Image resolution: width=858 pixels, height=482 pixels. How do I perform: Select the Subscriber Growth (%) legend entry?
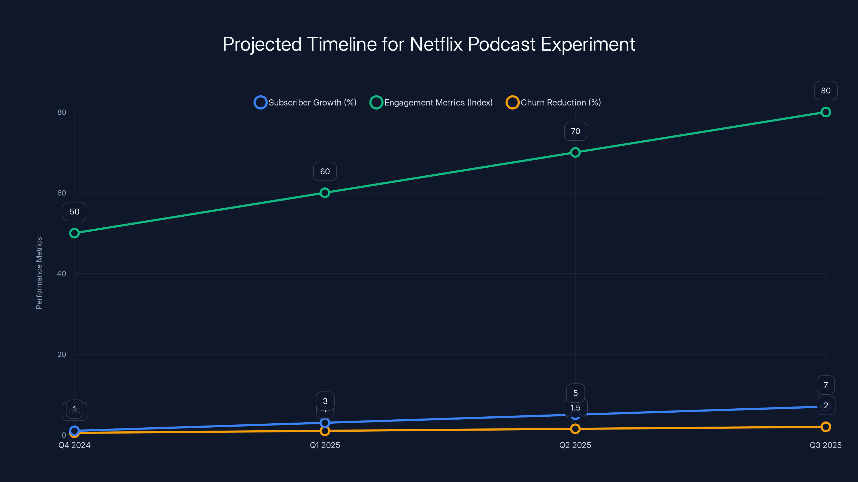(x=305, y=103)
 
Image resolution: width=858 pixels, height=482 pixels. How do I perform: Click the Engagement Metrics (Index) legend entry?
(x=431, y=103)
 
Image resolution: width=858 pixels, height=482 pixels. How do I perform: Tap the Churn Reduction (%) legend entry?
(x=553, y=103)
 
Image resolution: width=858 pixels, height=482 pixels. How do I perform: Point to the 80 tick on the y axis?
(x=62, y=112)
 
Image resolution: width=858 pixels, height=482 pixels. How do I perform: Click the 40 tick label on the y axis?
(x=62, y=273)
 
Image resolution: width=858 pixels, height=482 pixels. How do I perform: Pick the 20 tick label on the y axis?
(x=62, y=354)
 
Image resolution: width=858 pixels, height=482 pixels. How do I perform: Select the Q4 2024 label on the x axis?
(x=74, y=445)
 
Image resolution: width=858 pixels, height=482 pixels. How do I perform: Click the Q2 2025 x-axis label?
(x=575, y=445)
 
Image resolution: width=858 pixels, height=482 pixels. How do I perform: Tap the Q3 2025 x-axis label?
(x=825, y=445)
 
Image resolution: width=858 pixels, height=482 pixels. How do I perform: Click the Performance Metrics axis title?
(x=39, y=273)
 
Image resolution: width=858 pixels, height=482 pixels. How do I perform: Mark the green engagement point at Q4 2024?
(x=74, y=233)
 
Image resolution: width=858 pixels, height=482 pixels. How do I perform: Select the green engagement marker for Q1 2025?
(x=325, y=193)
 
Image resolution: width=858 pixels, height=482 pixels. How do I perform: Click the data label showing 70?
(x=575, y=131)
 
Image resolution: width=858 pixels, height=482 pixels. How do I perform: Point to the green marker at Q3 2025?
(x=825, y=112)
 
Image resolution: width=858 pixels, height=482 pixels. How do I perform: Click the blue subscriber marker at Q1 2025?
(x=325, y=423)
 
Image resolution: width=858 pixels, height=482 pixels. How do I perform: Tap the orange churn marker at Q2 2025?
(x=575, y=429)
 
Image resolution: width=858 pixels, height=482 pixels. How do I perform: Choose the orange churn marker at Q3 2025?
(x=825, y=427)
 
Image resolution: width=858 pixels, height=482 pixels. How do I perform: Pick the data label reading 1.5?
(x=575, y=408)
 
